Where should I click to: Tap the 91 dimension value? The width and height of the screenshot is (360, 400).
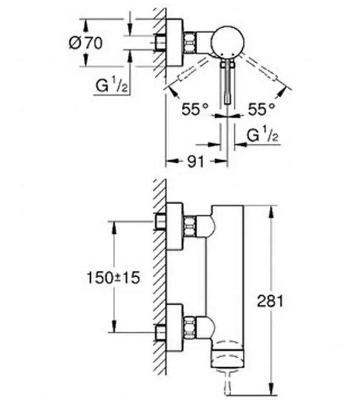click(196, 161)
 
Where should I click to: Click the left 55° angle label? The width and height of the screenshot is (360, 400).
click(195, 109)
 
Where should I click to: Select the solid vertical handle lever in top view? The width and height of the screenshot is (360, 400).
click(227, 82)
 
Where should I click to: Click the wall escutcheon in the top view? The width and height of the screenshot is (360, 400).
click(174, 43)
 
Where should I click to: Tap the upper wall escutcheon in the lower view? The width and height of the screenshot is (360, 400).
click(174, 226)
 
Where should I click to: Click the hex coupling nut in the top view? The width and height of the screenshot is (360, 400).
click(190, 43)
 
